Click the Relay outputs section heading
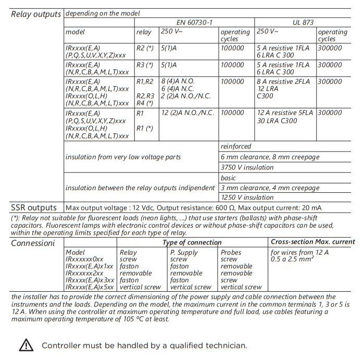(x=36, y=14)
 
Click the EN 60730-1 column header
(x=195, y=23)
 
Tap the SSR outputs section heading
(x=34, y=207)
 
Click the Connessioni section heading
(x=33, y=243)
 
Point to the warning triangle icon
(x=26, y=345)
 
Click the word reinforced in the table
(x=235, y=146)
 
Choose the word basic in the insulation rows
(x=228, y=178)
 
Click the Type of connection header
(x=192, y=243)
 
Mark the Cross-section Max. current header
(x=313, y=242)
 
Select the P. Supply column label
(x=184, y=252)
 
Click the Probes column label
(x=231, y=252)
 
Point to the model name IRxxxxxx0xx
(x=85, y=259)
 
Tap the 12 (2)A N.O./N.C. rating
(x=189, y=113)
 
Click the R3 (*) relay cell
(x=145, y=65)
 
